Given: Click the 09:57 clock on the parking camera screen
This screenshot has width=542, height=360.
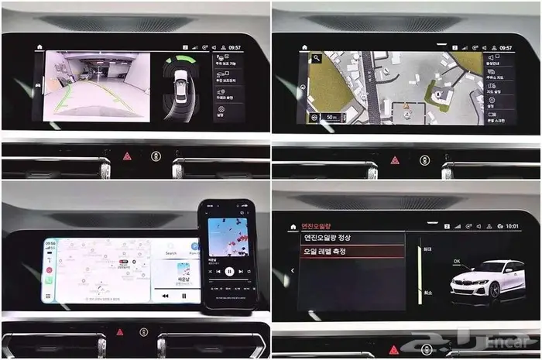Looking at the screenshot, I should coord(235,47).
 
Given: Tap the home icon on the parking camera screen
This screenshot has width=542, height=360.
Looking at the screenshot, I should coord(39,47).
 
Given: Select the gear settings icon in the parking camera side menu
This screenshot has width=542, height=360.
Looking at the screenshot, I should coord(220,114).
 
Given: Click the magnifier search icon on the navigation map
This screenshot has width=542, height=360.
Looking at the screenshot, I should coord(317,57).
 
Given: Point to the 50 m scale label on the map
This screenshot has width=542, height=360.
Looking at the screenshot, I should coord(331,118).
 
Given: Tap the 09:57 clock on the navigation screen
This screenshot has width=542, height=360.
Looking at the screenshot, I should coord(506,47).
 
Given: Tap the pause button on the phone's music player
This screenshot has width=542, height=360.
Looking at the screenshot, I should coord(229,272).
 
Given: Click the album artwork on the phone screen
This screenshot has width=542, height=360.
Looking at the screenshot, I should coord(228,236).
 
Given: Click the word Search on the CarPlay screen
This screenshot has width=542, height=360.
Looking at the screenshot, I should coord(171,253).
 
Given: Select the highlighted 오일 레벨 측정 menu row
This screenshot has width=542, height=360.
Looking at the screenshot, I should coord(352,252).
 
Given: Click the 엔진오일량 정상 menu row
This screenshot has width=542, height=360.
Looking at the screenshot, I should coord(352,238).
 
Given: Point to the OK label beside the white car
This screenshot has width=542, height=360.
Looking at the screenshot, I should coord(457,262).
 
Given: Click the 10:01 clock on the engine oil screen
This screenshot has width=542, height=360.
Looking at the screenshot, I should coord(512,226).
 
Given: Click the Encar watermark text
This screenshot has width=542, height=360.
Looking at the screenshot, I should coord(510,342).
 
